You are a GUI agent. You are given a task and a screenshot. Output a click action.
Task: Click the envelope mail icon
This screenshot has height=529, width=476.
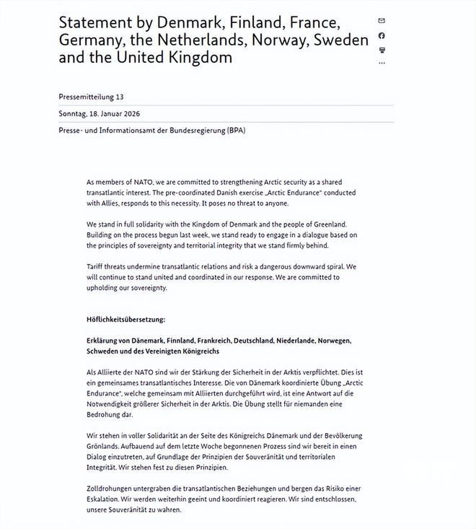tap(382, 21)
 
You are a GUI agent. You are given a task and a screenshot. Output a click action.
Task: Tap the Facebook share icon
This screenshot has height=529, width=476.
tap(382, 35)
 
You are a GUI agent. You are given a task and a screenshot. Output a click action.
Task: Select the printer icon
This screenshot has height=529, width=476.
tap(382, 50)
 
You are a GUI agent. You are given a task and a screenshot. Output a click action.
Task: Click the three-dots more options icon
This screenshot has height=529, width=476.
tap(382, 64)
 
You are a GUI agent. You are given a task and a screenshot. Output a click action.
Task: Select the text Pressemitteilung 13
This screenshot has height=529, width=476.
tap(92, 96)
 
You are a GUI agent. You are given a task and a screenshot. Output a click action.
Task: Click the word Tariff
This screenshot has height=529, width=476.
tap(98, 266)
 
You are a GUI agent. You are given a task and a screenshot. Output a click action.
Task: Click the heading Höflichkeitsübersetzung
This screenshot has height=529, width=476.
tap(126, 318)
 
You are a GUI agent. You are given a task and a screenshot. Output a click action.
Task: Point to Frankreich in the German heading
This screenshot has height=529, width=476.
tap(213, 340)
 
